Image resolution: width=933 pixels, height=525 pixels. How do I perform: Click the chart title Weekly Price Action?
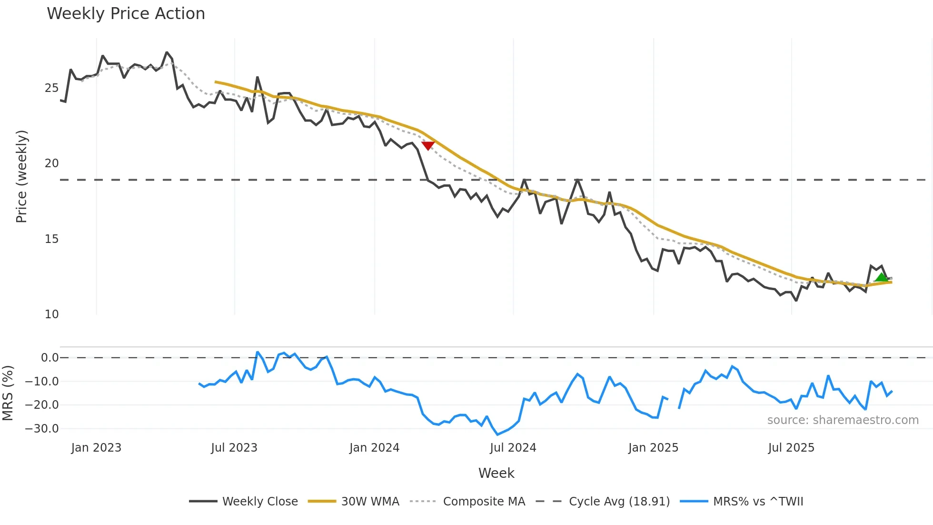(126, 14)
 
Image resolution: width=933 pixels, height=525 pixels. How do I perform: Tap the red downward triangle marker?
(428, 145)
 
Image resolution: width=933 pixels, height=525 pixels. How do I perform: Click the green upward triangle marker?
(881, 278)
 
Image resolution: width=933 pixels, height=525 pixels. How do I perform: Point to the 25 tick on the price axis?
(51, 88)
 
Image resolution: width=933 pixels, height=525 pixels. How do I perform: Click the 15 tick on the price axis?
(51, 239)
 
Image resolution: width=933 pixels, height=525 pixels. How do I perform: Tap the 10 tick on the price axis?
(51, 314)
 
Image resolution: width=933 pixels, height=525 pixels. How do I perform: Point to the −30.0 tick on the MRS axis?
(42, 429)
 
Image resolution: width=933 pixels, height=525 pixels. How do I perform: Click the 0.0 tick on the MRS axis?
(50, 358)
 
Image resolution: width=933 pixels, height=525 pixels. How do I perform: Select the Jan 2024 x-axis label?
(374, 448)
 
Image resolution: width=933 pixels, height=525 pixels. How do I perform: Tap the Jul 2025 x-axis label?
(791, 448)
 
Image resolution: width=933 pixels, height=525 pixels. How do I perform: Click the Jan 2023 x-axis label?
(96, 448)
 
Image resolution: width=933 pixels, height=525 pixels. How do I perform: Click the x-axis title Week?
(496, 473)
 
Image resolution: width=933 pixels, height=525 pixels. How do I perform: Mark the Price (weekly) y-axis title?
(21, 176)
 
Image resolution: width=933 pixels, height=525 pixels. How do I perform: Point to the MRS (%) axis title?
(8, 393)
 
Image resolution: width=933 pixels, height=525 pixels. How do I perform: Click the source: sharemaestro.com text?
(843, 420)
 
